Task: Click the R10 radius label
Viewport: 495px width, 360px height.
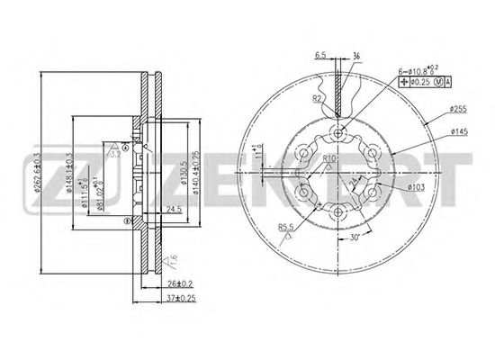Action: click(329, 159)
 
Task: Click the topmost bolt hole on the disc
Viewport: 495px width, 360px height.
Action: click(338, 135)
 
